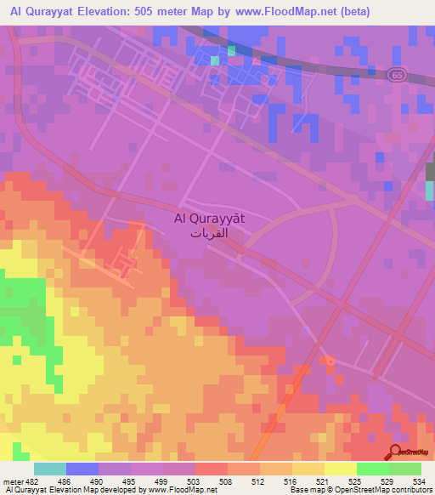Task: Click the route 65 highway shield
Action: [398, 75]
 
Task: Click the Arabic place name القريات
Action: [209, 232]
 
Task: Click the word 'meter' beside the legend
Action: [12, 481]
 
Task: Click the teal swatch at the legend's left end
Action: [49, 469]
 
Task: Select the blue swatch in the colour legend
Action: [82, 469]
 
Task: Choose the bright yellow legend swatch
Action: [341, 469]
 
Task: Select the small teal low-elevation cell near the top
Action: [231, 51]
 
